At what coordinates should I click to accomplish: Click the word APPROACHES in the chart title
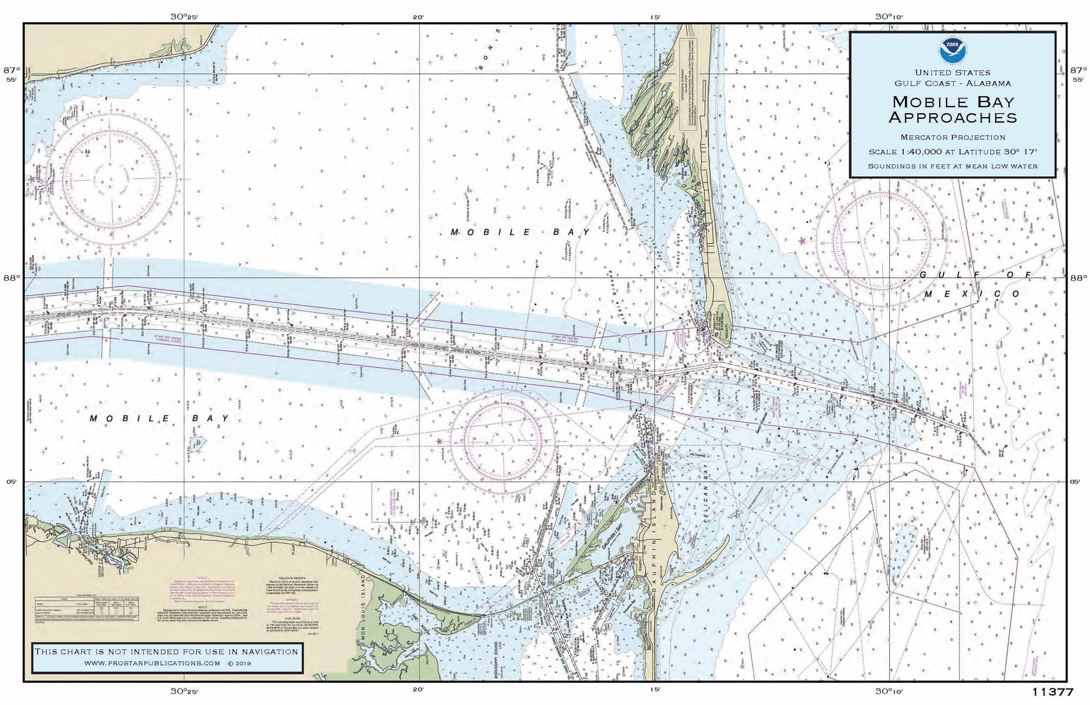953,118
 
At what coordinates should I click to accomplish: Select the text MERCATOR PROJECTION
953,137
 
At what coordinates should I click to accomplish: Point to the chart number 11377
1052,692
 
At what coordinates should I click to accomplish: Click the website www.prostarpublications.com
153,663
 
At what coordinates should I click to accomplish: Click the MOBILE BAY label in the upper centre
520,232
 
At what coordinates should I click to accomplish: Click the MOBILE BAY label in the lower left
159,418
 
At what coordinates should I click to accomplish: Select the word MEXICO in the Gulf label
972,294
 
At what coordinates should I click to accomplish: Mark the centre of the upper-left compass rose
112,178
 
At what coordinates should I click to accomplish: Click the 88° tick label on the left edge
11,278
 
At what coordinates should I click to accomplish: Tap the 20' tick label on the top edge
418,17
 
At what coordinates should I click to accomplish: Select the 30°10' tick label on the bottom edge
889,691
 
